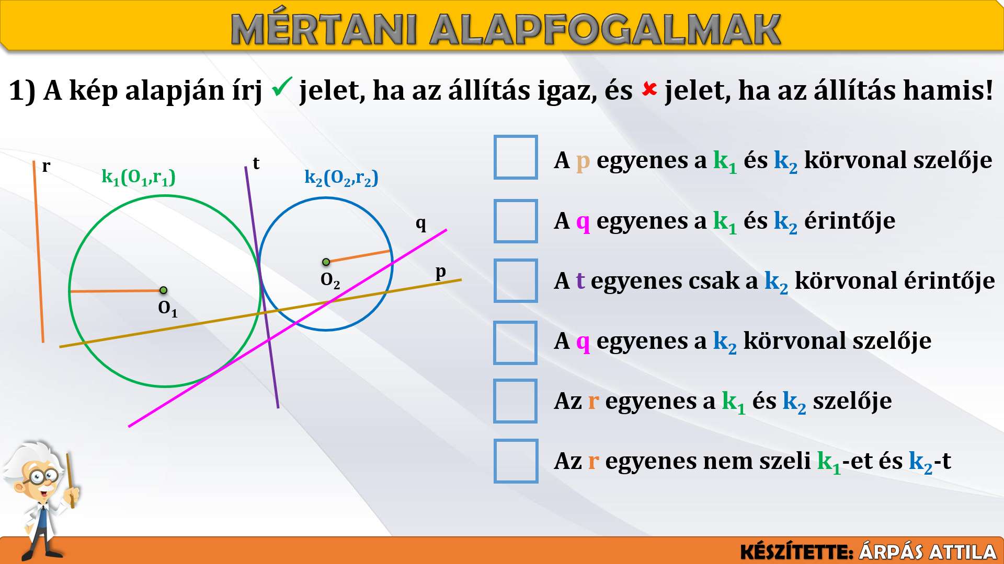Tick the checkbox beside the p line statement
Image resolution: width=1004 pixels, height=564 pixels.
516,157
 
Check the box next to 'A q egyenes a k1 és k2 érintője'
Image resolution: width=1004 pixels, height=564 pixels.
516,221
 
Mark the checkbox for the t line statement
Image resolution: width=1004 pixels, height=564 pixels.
516,280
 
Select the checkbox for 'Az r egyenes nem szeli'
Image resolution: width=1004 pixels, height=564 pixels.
516,461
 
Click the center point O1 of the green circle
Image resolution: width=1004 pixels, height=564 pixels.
163,290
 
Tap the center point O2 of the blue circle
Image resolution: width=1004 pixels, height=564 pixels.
326,262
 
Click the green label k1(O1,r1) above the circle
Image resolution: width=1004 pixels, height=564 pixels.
139,178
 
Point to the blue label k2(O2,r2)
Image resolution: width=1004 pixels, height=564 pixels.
341,178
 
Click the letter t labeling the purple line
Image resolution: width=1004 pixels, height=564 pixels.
256,163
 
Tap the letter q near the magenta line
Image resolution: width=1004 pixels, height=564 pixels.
421,225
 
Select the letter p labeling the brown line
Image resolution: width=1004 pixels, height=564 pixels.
441,272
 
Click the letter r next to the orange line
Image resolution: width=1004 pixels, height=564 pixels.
46,167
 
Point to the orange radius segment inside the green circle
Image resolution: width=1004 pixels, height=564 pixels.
117,291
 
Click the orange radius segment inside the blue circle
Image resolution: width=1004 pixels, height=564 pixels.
358,256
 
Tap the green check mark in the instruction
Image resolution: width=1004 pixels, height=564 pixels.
281,87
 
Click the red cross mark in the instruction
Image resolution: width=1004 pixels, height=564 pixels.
649,89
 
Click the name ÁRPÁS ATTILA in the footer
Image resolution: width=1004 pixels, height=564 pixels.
928,552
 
